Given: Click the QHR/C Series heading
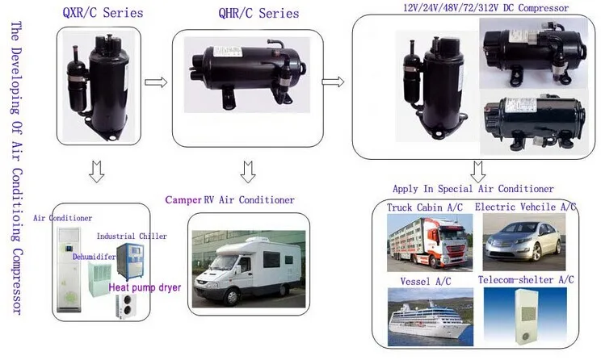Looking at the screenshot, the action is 258,13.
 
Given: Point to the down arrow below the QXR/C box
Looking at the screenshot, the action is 96,172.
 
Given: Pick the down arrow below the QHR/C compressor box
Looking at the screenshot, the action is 248,172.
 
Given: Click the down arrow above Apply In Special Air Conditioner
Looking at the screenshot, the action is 477,172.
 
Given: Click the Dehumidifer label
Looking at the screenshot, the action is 91,255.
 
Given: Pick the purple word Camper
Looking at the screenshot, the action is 183,199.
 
